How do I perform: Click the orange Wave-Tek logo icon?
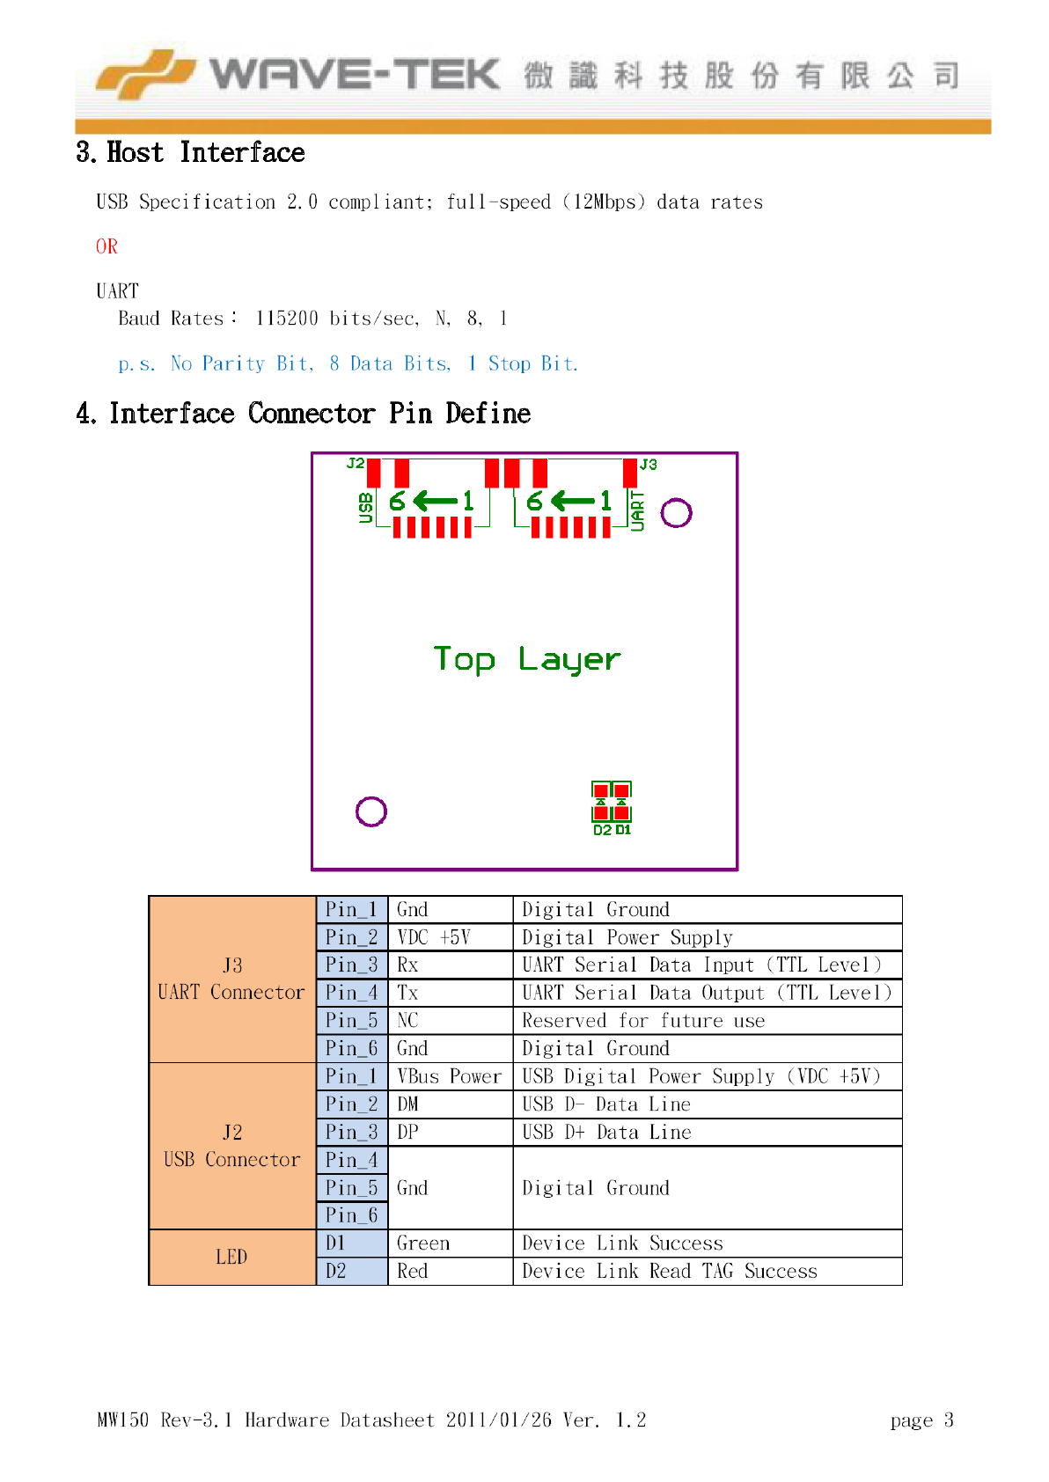pyautogui.click(x=144, y=74)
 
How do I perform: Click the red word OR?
pyautogui.click(x=106, y=246)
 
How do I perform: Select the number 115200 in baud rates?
pyautogui.click(x=287, y=319)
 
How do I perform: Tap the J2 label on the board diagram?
pyautogui.click(x=355, y=463)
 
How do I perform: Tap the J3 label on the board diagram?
pyautogui.click(x=649, y=464)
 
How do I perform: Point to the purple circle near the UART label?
pyautogui.click(x=676, y=512)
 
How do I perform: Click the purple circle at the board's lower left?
pyautogui.click(x=371, y=811)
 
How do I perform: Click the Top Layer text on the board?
pyautogui.click(x=526, y=659)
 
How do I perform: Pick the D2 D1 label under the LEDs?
pyautogui.click(x=612, y=830)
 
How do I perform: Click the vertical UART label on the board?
pyautogui.click(x=638, y=510)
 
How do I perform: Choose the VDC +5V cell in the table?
pyautogui.click(x=434, y=937)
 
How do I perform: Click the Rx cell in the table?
pyautogui.click(x=407, y=965)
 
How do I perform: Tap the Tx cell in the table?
pyautogui.click(x=407, y=993)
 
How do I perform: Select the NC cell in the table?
pyautogui.click(x=407, y=1021)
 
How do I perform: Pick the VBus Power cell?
pyautogui.click(x=449, y=1076)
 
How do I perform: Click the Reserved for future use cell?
pyautogui.click(x=643, y=1021)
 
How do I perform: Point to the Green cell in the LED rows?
pyautogui.click(x=423, y=1244)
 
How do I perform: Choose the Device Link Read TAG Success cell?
pyautogui.click(x=670, y=1272)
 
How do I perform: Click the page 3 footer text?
pyautogui.click(x=921, y=1420)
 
